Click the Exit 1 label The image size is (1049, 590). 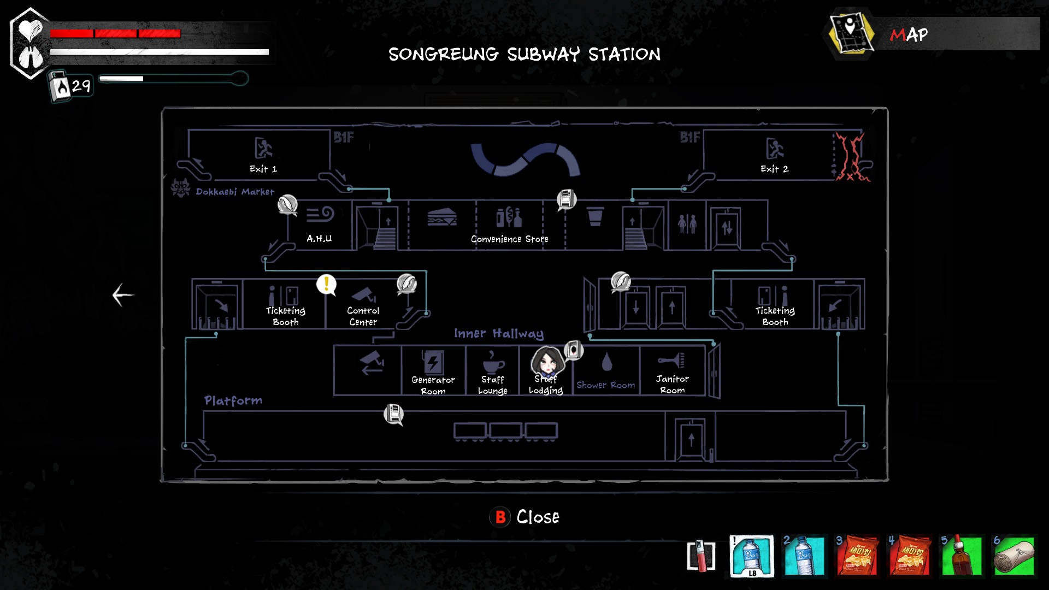coord(263,169)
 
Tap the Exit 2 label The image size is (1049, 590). coord(774,169)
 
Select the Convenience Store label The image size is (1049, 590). coord(509,239)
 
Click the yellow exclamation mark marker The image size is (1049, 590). coord(326,284)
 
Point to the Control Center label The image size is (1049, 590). coord(363,316)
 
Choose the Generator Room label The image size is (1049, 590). coord(433,385)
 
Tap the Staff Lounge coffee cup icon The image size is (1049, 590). coord(493,361)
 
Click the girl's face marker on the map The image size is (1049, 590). coord(546,361)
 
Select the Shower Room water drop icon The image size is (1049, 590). coord(606,362)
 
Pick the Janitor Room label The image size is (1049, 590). coord(672,384)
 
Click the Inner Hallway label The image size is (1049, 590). coord(498,333)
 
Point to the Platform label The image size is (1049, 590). coord(233,400)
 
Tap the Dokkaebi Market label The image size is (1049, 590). coord(235,192)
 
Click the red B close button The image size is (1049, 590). coord(500,517)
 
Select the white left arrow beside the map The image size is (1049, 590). coord(123,295)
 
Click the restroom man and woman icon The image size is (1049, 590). coord(687,224)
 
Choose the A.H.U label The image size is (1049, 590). coord(319,239)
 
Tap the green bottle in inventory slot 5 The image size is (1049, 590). coord(962,556)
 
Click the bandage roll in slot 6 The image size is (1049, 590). coord(1014,556)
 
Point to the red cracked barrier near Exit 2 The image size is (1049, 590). coord(851,157)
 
